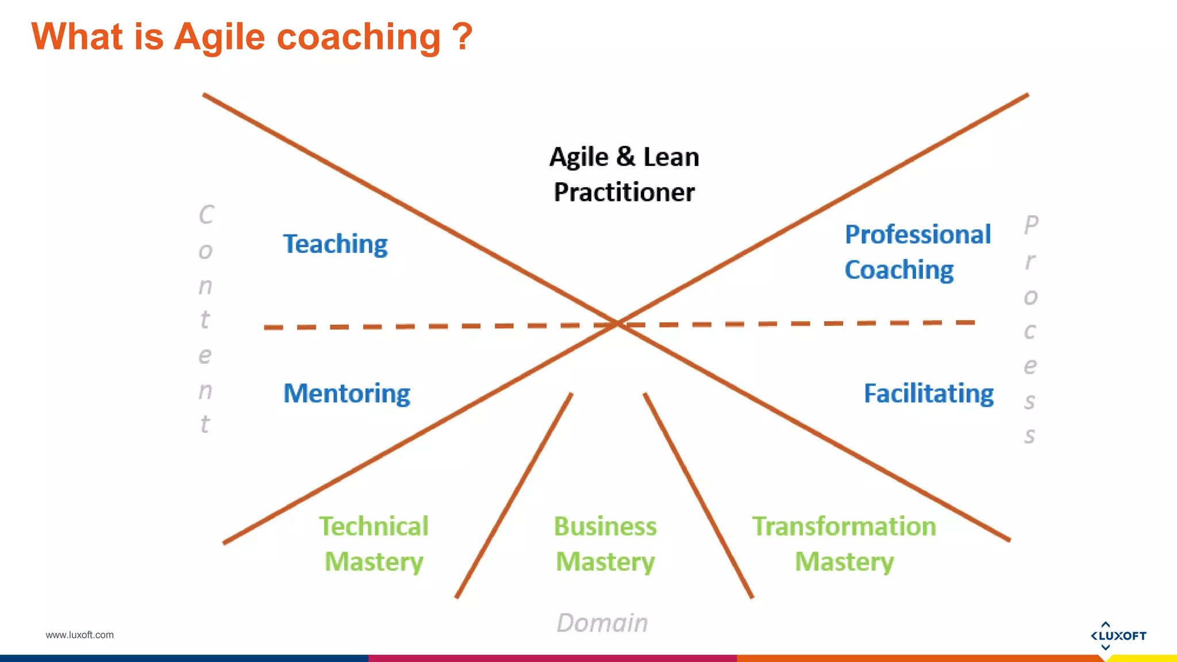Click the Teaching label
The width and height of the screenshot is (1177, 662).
coord(335,244)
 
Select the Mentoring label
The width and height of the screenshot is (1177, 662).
coord(347,394)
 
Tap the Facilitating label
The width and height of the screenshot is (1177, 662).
coord(929,394)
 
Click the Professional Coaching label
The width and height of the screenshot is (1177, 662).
coord(917,252)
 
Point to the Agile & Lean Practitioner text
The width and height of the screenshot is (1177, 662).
coord(624,174)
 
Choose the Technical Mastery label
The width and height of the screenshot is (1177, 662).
coord(374,544)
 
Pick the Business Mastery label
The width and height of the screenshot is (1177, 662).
coord(605,544)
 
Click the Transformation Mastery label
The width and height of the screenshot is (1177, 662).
coord(844,544)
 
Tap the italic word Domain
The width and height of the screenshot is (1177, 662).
coord(602,623)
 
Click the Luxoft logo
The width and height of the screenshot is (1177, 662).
coord(1118,636)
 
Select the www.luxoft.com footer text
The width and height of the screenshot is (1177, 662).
coord(80,635)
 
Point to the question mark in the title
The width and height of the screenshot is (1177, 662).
coord(461,36)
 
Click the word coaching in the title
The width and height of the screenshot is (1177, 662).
coord(359,37)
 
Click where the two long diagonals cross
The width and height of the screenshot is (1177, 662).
coord(617,324)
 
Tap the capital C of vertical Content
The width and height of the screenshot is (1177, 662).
coord(206,215)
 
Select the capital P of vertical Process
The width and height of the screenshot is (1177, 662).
coord(1031,224)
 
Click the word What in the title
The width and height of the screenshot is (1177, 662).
coord(77,36)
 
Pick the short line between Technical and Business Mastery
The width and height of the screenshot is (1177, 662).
coord(514,495)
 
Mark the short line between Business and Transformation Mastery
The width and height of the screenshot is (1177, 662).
coord(698,495)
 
